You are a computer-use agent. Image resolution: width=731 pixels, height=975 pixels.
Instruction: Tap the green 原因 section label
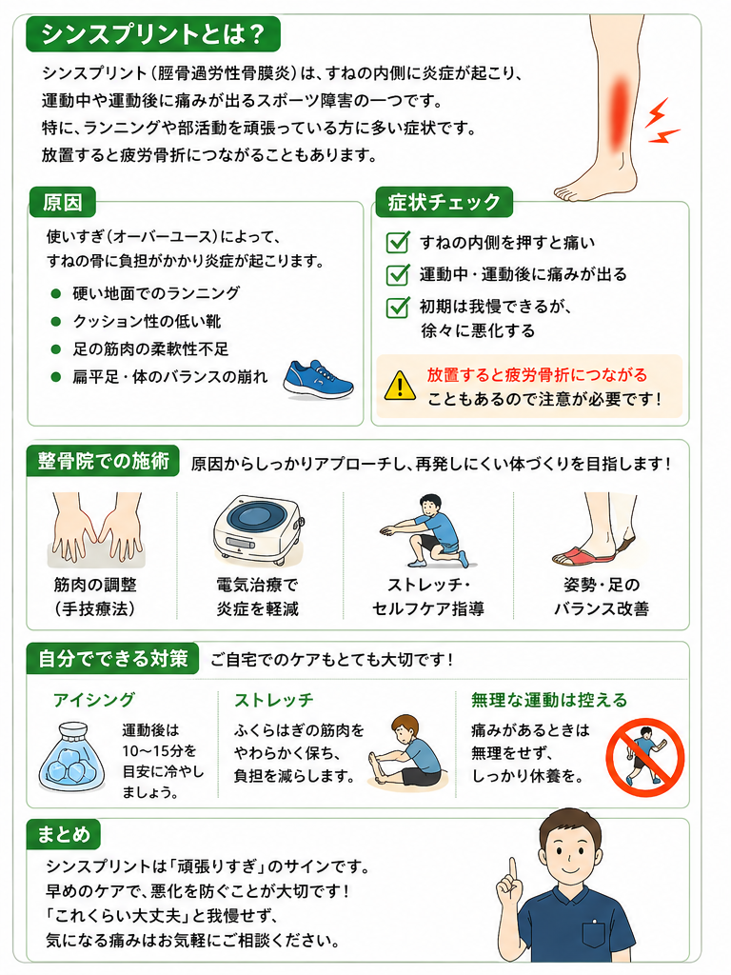(x=62, y=202)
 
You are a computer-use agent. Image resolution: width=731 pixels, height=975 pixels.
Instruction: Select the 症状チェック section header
(x=444, y=202)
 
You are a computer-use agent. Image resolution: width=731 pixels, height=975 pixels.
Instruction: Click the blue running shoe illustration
(x=318, y=379)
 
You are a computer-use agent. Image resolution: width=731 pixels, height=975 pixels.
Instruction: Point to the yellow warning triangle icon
(x=400, y=387)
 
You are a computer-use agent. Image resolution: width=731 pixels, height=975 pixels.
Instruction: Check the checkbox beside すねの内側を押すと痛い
(x=398, y=242)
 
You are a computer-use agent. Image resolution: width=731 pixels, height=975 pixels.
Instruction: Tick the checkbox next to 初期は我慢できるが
(x=398, y=307)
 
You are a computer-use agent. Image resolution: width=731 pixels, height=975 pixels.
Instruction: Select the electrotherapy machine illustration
(x=257, y=529)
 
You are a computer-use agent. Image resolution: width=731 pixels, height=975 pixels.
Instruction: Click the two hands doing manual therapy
(x=96, y=527)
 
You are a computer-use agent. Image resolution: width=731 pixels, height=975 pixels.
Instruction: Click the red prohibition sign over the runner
(x=645, y=757)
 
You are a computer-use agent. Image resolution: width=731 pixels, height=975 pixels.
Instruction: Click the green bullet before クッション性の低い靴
(x=56, y=322)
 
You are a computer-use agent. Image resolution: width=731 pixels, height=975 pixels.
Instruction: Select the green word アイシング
(x=94, y=700)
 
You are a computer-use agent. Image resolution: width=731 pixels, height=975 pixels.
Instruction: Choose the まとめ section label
(x=64, y=834)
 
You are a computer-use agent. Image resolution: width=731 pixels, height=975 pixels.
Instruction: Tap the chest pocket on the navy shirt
(x=594, y=933)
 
